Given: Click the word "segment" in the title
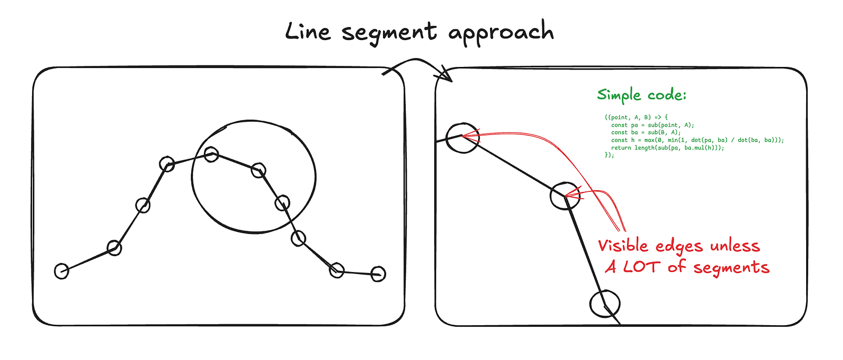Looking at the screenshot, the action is tap(389, 33).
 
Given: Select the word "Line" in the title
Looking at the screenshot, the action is tap(308, 31).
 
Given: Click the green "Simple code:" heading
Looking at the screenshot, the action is tap(642, 94).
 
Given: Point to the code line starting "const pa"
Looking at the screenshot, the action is tap(653, 125).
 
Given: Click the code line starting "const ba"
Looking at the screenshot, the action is tap(646, 132).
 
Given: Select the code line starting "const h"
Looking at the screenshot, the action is tap(698, 140).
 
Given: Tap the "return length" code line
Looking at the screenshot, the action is tap(668, 148).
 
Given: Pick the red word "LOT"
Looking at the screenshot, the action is tap(642, 267).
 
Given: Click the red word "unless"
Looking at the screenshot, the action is tap(735, 246).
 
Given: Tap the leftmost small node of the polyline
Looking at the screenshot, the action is tap(62, 271).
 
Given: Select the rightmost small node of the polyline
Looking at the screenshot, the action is tap(378, 274).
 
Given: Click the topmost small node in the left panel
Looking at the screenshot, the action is tap(211, 154).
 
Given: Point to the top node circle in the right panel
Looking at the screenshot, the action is tap(463, 138).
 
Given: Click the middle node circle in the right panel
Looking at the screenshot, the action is tap(565, 196).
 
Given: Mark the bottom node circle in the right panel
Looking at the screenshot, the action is tap(605, 304).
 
